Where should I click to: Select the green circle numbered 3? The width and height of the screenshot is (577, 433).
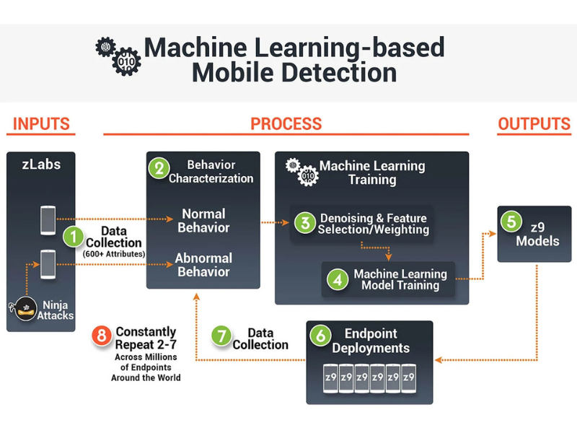tap(305, 223)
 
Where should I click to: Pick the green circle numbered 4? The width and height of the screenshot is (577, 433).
tap(336, 279)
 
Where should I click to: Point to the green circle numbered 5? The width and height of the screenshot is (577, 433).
tap(511, 221)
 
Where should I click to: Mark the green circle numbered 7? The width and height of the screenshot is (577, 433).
tap(221, 336)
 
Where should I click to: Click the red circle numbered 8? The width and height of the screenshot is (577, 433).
tap(102, 336)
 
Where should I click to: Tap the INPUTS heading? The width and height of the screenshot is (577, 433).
tap(42, 123)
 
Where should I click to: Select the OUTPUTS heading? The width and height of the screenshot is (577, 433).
tap(534, 123)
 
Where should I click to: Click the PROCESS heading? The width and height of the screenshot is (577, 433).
tap(286, 123)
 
